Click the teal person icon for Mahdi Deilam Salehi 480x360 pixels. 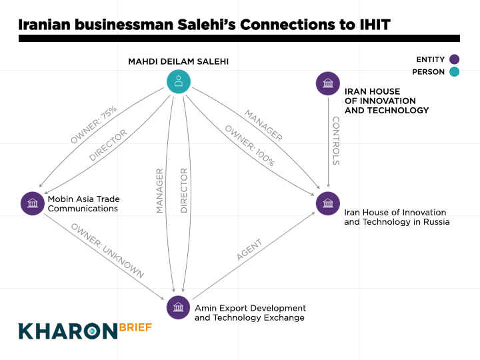(x=178, y=82)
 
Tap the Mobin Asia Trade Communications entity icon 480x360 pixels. (x=32, y=203)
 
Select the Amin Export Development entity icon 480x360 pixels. (x=178, y=307)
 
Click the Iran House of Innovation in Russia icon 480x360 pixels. (x=327, y=203)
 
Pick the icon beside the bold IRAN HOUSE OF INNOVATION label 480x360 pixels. (x=327, y=83)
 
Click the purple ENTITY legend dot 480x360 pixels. (x=454, y=59)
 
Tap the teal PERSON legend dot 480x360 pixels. (x=454, y=71)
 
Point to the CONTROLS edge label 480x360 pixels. (x=335, y=141)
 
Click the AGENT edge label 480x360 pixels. (x=249, y=250)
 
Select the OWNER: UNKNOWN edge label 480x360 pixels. (x=107, y=251)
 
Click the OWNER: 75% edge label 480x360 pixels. (x=93, y=125)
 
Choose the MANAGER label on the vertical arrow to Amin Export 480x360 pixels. (x=159, y=191)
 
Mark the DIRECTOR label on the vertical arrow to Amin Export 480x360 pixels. (x=184, y=191)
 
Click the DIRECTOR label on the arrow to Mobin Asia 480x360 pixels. (x=108, y=145)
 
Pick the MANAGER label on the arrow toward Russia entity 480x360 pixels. (x=263, y=125)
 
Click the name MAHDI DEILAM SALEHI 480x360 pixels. (x=178, y=61)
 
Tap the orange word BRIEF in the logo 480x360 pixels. (x=136, y=327)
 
